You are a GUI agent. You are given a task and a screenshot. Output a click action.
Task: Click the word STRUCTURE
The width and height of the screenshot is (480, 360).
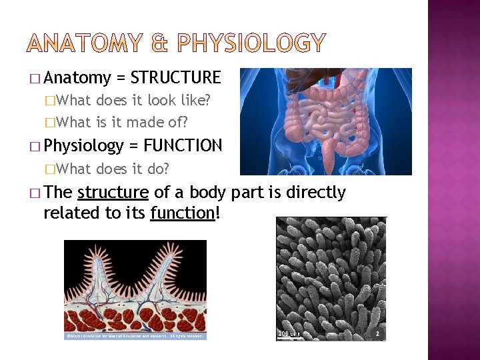click(175, 78)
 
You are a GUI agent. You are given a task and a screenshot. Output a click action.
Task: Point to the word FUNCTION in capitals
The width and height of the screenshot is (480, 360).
click(183, 145)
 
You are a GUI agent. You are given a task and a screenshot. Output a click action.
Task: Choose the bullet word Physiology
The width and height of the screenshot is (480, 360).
click(83, 145)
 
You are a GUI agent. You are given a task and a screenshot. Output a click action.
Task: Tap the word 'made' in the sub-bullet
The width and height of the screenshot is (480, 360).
click(151, 122)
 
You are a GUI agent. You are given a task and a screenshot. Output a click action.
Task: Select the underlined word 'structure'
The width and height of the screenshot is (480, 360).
click(113, 193)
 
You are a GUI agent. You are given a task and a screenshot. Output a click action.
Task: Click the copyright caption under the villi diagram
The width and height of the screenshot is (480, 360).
click(135, 335)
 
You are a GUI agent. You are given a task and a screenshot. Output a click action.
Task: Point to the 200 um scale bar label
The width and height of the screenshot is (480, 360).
click(288, 333)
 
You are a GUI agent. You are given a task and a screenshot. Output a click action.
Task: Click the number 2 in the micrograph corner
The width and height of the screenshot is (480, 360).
click(377, 333)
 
